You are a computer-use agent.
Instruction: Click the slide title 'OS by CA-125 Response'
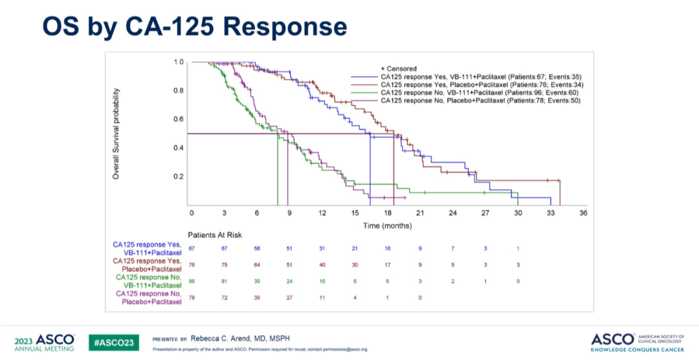(x=194, y=27)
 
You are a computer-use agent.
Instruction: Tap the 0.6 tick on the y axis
(x=179, y=118)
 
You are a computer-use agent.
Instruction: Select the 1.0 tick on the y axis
(x=179, y=62)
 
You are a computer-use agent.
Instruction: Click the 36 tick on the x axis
(x=583, y=212)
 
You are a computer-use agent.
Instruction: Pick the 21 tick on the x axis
(x=420, y=212)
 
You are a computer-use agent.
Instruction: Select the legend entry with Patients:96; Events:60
(x=480, y=93)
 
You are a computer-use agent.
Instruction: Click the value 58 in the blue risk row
(x=257, y=249)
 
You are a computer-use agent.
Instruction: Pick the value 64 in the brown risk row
(x=257, y=265)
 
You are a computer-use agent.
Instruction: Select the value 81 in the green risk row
(x=224, y=281)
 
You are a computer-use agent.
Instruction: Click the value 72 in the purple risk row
(x=224, y=297)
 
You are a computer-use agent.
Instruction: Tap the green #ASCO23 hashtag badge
(x=114, y=342)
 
